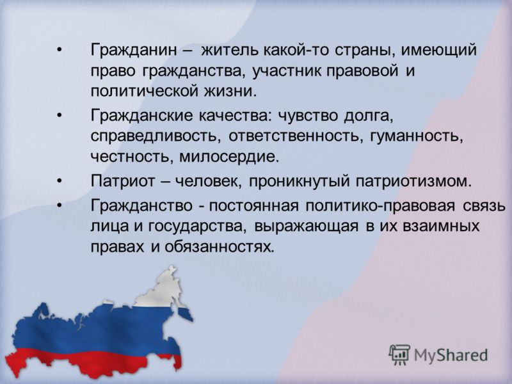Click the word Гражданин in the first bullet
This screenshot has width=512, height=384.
134,51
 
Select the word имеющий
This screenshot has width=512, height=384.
438,51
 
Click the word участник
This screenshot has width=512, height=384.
288,71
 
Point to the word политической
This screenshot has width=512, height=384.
145,91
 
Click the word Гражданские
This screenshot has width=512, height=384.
141,116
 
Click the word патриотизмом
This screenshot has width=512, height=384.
413,181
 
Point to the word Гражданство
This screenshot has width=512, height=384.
141,205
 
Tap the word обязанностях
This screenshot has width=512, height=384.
218,247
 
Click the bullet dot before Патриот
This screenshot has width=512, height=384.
59,180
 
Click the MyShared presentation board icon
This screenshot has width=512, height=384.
399,355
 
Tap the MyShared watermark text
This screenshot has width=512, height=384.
451,355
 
